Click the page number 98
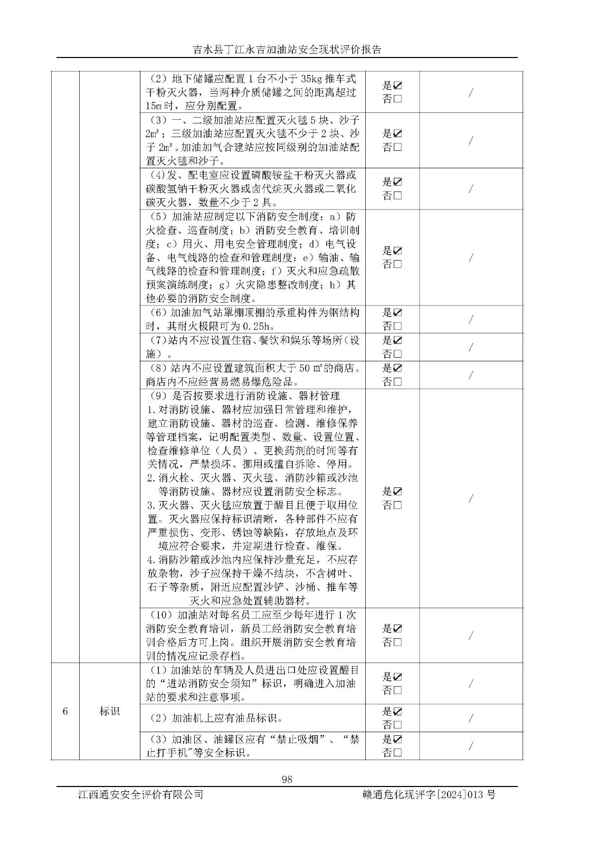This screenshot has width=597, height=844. point(287,780)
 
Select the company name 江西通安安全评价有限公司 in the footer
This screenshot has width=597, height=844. point(140,794)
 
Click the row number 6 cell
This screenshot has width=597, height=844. point(65,711)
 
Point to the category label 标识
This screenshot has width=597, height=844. point(109,711)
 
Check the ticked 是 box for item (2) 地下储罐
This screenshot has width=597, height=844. point(397,85)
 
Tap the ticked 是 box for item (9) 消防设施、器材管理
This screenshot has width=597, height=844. point(397,491)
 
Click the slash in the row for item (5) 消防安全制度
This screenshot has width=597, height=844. point(470,257)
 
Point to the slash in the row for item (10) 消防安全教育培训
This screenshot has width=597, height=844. point(470,636)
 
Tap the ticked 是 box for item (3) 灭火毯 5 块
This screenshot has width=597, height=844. point(397,133)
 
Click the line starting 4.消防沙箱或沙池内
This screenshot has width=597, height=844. point(252,559)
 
